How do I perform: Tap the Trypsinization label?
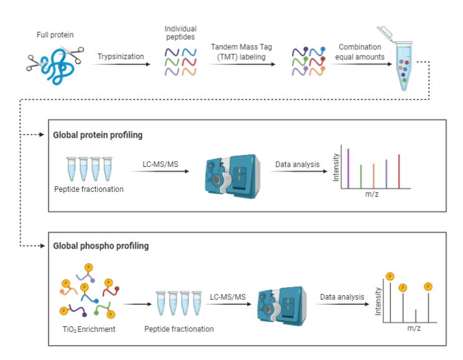point(120,57)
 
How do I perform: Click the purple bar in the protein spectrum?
point(348,167)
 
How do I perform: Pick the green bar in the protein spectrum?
point(361,175)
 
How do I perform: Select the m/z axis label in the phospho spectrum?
point(414,328)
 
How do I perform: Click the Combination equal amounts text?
point(360,52)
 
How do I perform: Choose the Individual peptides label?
point(180,33)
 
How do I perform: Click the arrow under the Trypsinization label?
point(121,64)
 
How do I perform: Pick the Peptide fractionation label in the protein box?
point(88,189)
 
